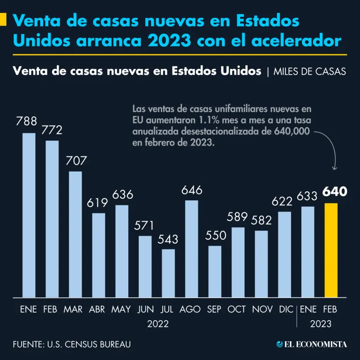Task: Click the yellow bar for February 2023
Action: (x=331, y=250)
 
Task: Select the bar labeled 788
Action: (x=29, y=215)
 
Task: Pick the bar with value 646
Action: (x=191, y=248)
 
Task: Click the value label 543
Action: (x=168, y=239)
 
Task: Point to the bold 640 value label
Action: (x=334, y=192)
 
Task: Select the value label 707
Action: (x=75, y=161)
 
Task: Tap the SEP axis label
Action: (x=214, y=310)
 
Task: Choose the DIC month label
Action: (x=286, y=310)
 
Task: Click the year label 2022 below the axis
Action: (x=157, y=324)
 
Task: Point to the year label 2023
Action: (x=320, y=324)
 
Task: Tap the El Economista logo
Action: (x=312, y=345)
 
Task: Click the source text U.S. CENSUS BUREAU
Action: (x=89, y=345)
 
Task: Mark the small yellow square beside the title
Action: (x=3, y=20)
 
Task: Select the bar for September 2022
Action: (x=215, y=271)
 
